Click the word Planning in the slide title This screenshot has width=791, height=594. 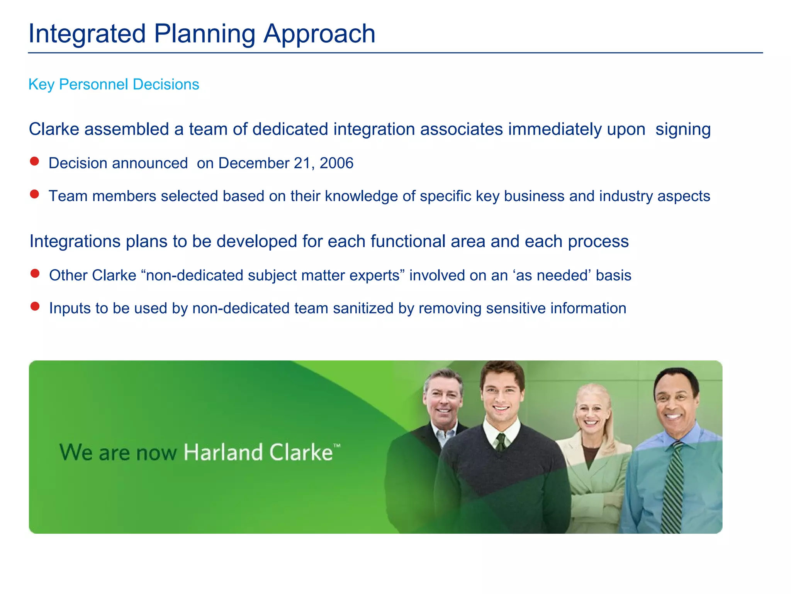click(x=204, y=34)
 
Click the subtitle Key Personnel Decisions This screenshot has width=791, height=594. click(x=114, y=84)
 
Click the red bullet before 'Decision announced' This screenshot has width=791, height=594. click(x=34, y=161)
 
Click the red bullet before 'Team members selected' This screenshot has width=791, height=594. click(x=34, y=194)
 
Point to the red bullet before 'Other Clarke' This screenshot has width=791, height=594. click(x=35, y=273)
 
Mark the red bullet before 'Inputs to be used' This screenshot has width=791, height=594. click(x=35, y=306)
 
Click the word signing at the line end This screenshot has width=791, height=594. click(x=683, y=130)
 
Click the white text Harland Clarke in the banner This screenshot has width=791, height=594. click(x=258, y=452)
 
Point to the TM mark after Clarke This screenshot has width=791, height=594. click(x=337, y=446)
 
